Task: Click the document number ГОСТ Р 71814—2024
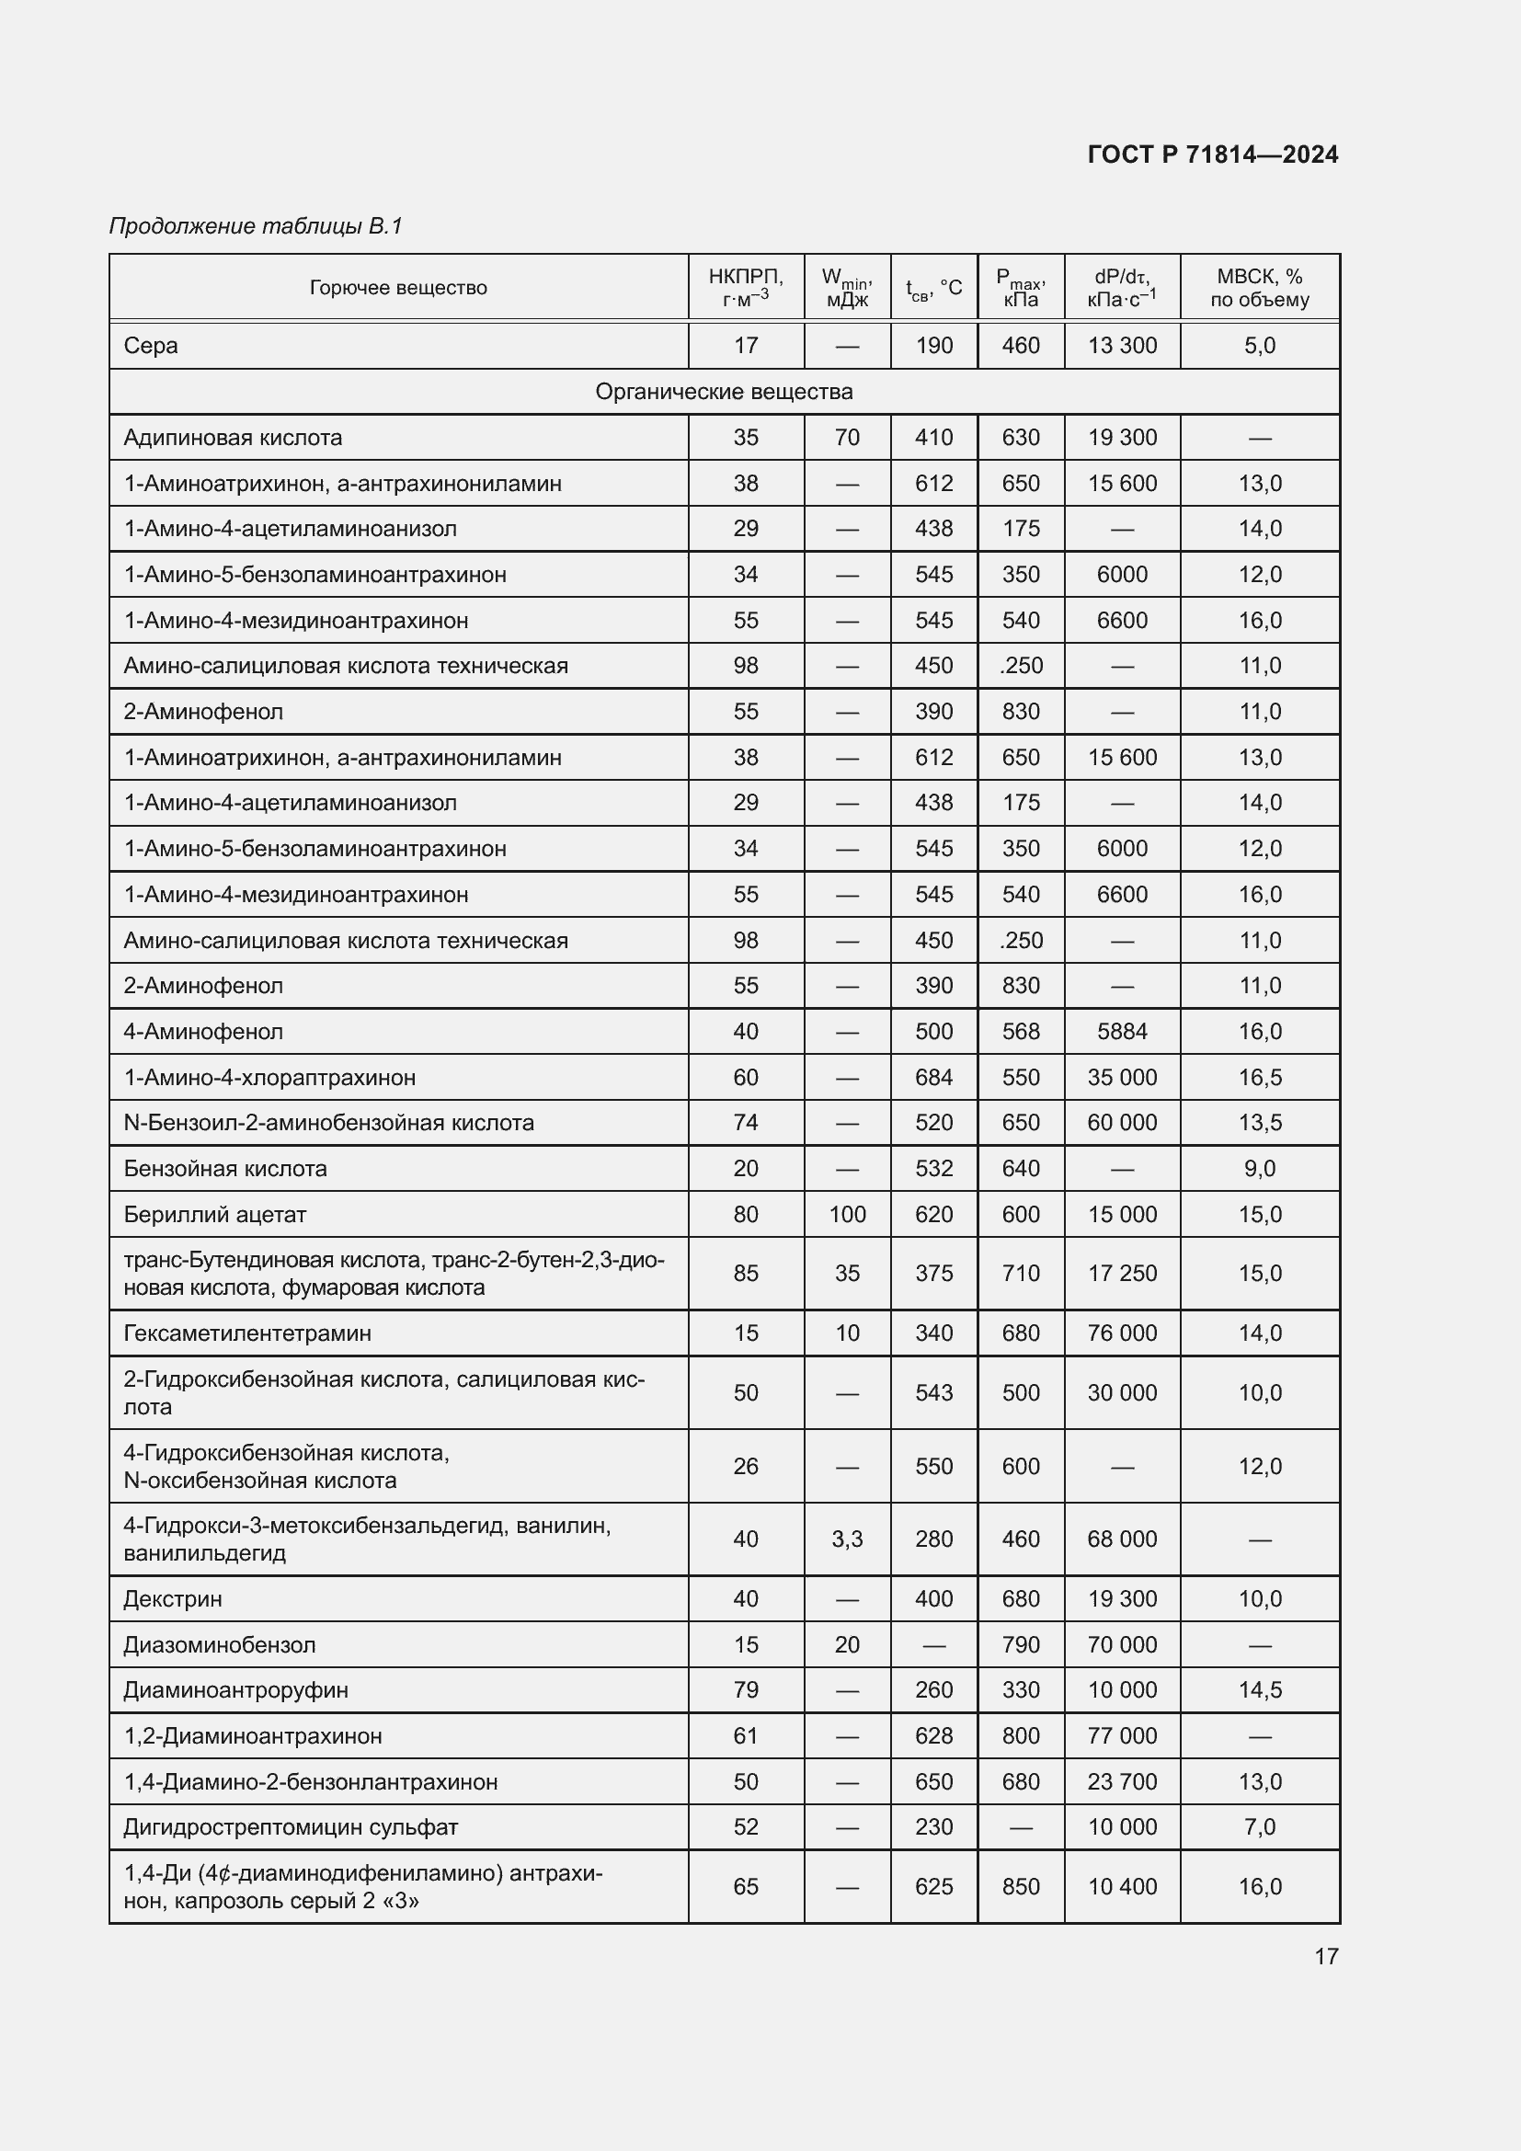click(1213, 154)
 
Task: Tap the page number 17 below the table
click(1326, 1956)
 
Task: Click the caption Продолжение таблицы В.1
click(256, 226)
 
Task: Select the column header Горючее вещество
click(398, 288)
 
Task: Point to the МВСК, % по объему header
click(1260, 288)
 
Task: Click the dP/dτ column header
click(1122, 288)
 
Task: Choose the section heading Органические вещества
click(724, 392)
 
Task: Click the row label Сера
click(151, 346)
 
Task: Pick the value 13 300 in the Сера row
click(1122, 346)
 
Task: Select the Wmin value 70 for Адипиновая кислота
click(847, 438)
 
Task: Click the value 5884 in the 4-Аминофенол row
click(1122, 1032)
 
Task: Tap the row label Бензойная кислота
click(224, 1169)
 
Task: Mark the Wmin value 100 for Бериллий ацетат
click(847, 1215)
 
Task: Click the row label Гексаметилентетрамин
click(247, 1333)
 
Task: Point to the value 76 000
click(1122, 1333)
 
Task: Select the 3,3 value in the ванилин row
click(847, 1539)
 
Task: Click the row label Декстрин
click(172, 1599)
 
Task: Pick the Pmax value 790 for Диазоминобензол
click(1020, 1645)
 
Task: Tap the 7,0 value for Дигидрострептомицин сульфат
click(1260, 1828)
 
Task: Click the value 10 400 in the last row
click(1122, 1887)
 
